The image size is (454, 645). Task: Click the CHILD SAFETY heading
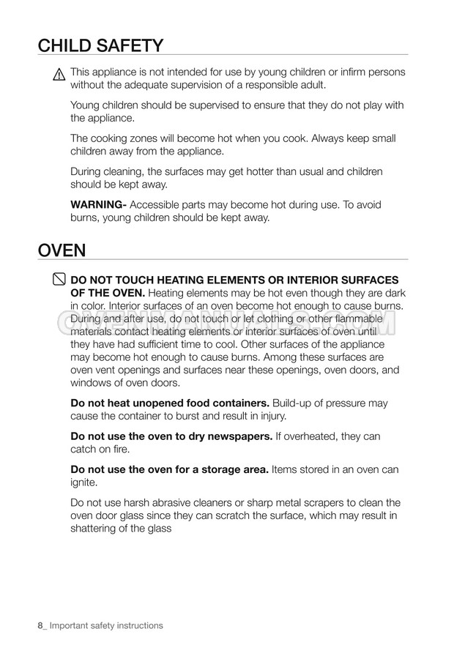[101, 46]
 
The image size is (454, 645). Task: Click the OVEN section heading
[62, 250]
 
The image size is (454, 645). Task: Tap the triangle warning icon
[59, 74]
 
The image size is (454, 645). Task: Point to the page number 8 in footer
[40, 625]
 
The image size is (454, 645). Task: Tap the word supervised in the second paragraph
[201, 105]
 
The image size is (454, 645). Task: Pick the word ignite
[84, 483]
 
